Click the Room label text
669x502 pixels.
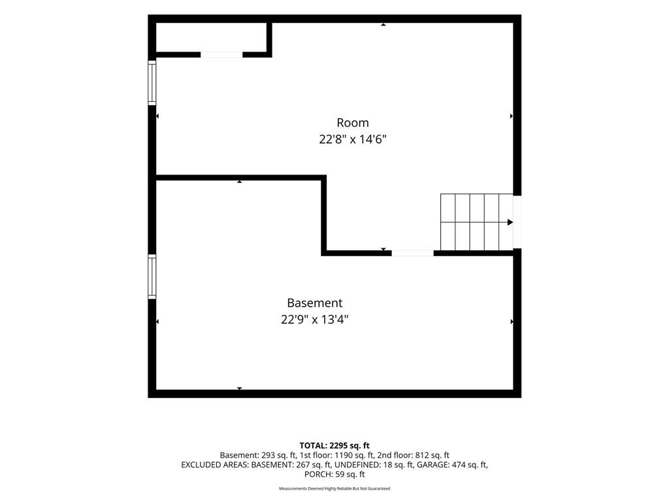(x=352, y=123)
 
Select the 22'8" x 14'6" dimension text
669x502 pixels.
(x=352, y=140)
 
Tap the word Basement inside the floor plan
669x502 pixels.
(x=314, y=303)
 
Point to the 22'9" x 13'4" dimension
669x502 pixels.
(x=314, y=320)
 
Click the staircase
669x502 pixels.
(x=476, y=222)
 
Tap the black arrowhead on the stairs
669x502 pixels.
(x=510, y=222)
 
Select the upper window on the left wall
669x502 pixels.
(x=152, y=83)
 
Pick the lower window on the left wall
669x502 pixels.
(x=152, y=276)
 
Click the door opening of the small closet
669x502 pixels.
(x=221, y=55)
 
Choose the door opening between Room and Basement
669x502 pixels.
(x=413, y=253)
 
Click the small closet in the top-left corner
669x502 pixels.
(x=211, y=37)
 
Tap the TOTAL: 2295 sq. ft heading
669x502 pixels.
(x=334, y=446)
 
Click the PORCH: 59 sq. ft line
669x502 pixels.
(x=334, y=475)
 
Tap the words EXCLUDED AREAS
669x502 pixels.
(x=214, y=465)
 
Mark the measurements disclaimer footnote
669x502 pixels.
(x=334, y=488)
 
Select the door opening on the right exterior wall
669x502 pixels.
(x=517, y=222)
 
